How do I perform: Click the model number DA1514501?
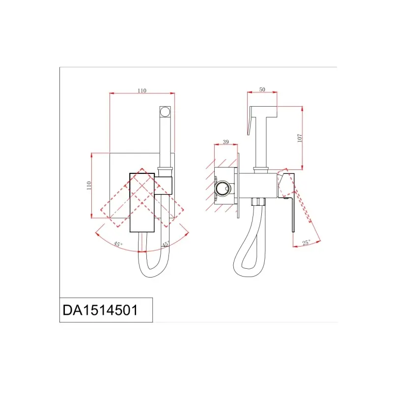[100, 310]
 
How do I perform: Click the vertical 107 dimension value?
[300, 138]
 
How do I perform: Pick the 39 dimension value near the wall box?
[226, 142]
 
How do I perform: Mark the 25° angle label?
[306, 243]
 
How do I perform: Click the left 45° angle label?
[118, 244]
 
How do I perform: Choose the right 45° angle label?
[166, 244]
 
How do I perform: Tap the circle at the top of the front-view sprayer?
[165, 112]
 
